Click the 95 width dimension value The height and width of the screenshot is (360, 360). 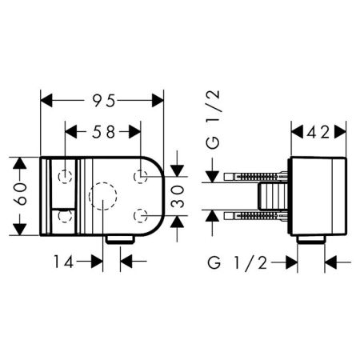(104, 101)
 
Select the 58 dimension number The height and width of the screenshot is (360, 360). (104, 132)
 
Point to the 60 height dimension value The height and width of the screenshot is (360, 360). (20, 194)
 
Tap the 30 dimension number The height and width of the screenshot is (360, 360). (178, 197)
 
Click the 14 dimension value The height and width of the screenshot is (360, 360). (64, 262)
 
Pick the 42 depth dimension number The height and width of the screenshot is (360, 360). (318, 132)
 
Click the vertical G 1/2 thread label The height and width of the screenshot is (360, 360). (213, 119)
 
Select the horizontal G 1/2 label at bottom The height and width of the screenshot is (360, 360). (238, 263)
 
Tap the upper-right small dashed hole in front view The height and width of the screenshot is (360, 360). (141, 177)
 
